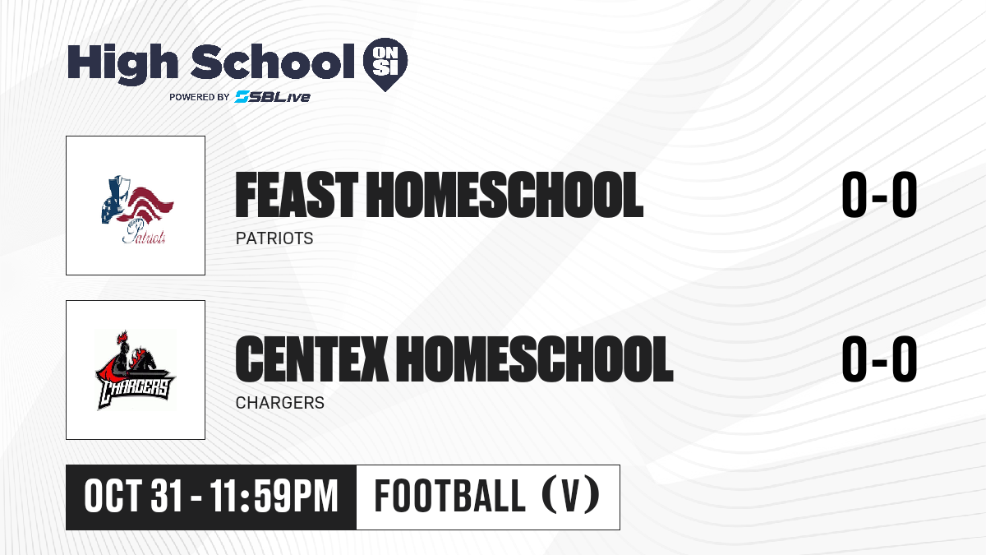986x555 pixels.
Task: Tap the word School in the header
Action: pos(273,61)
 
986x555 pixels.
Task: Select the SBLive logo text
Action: pos(273,97)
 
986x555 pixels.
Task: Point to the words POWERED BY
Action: pos(200,97)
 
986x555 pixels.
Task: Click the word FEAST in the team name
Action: pos(297,195)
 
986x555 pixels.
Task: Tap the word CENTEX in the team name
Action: pos(311,358)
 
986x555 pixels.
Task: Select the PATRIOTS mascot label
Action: pos(274,238)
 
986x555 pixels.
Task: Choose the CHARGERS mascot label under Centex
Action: pos(280,403)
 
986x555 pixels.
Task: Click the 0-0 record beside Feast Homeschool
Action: pos(879,195)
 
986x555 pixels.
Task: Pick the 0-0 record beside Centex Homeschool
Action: pos(879,358)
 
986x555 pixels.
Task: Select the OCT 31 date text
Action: pos(133,497)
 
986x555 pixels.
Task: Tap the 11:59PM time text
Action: pos(274,497)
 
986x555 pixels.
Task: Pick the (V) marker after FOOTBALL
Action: pos(571,497)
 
